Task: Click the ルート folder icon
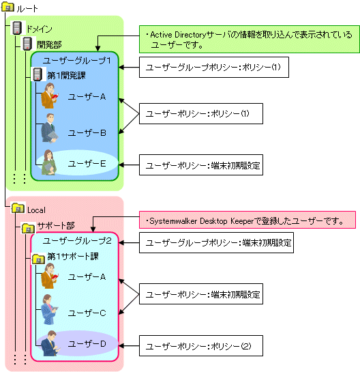click(x=7, y=7)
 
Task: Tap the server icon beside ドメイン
click(x=17, y=28)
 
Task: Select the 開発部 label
click(x=49, y=44)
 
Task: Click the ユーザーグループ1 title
click(x=77, y=61)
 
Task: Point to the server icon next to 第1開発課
click(x=37, y=74)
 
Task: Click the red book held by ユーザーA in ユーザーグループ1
click(x=55, y=96)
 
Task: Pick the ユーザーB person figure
click(x=49, y=128)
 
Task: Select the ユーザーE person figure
click(x=49, y=162)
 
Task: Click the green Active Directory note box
click(x=250, y=39)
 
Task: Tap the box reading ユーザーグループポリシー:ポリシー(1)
click(x=214, y=67)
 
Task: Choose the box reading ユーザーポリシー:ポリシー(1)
click(x=201, y=113)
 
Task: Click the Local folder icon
click(x=18, y=208)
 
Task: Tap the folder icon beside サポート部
click(x=29, y=228)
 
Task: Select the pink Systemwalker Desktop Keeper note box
click(x=247, y=220)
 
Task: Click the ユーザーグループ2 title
click(x=77, y=241)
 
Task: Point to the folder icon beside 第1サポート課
click(x=38, y=259)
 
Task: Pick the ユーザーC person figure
click(x=50, y=309)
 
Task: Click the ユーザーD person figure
click(x=50, y=343)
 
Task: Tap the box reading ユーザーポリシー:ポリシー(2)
click(x=201, y=345)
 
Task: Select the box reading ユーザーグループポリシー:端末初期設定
click(x=216, y=243)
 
